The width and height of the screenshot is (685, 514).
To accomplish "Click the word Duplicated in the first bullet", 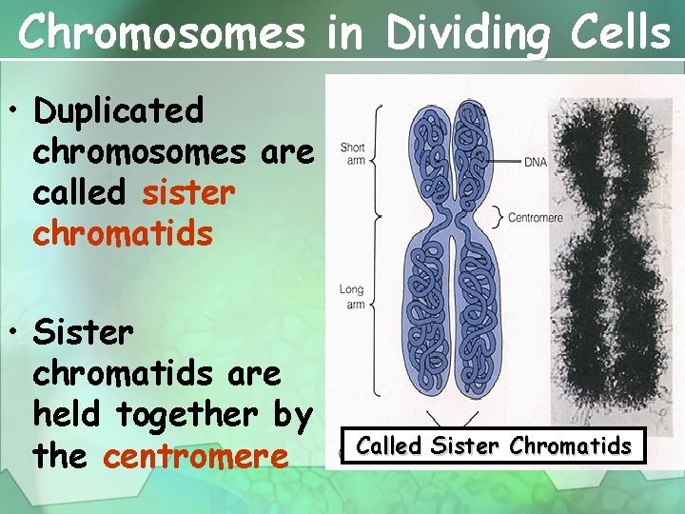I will pyautogui.click(x=118, y=110).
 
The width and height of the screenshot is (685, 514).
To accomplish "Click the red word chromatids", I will pyautogui.click(x=123, y=232).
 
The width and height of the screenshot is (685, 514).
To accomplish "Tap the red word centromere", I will pyautogui.click(x=195, y=456).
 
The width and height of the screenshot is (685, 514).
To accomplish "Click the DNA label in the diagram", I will pyautogui.click(x=536, y=163).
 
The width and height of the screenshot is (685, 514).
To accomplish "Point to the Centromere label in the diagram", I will pyautogui.click(x=536, y=218).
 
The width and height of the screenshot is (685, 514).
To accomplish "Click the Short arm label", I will pyautogui.click(x=352, y=153).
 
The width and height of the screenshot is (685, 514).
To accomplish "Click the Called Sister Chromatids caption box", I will pyautogui.click(x=493, y=445).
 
